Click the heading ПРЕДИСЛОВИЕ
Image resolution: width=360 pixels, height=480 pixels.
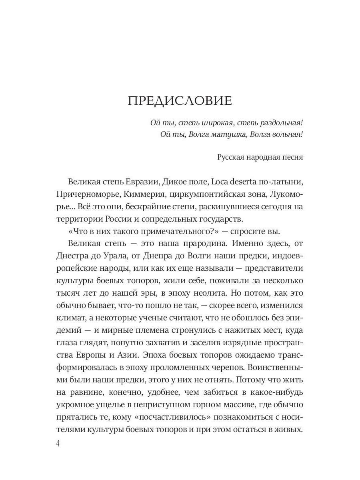pos(180,101)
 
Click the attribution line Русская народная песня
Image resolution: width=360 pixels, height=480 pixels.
pos(260,157)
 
